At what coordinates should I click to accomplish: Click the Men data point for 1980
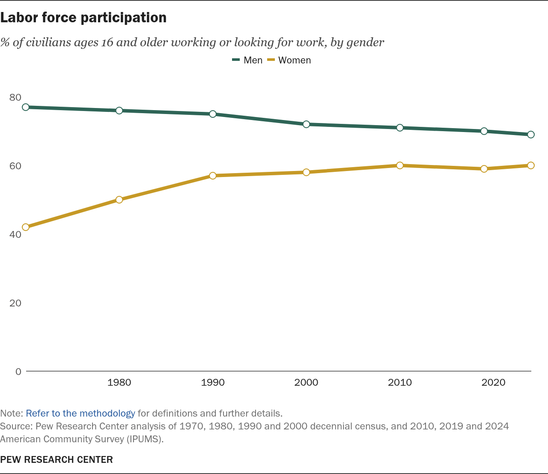click(119, 111)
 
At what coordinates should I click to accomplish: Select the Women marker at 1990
click(213, 176)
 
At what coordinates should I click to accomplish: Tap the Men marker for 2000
click(306, 124)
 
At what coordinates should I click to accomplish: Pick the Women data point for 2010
click(400, 165)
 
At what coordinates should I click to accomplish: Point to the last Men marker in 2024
click(531, 135)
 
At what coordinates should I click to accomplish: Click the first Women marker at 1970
click(26, 227)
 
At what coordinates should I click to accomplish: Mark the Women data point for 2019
click(484, 169)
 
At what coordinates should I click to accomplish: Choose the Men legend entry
click(247, 60)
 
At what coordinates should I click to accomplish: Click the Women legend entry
click(289, 60)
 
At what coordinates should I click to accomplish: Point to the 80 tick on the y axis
click(15, 97)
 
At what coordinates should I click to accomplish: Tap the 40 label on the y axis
click(15, 234)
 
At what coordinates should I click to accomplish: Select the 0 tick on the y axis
click(18, 372)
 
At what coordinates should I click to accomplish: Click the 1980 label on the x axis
click(119, 382)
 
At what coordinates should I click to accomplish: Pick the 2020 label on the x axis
click(494, 382)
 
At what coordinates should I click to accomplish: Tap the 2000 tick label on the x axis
click(306, 382)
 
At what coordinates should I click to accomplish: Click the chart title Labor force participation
click(83, 18)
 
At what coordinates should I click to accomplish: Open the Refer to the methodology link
click(80, 414)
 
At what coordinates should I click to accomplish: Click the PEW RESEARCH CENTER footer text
click(57, 459)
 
